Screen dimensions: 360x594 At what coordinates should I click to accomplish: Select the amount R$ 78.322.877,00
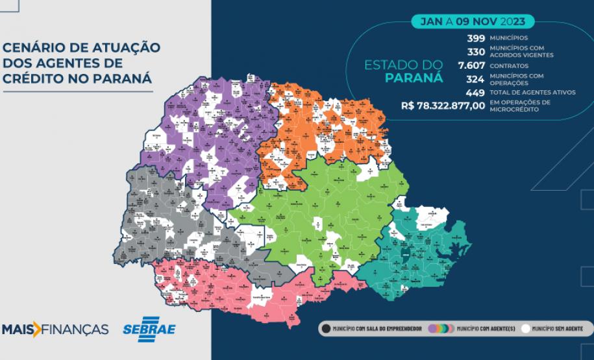[x=443, y=106]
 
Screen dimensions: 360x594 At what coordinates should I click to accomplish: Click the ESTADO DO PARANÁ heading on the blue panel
[x=403, y=71]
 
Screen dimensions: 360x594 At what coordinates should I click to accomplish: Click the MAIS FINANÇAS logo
[x=55, y=330]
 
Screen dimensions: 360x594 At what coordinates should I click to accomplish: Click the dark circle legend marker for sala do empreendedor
[x=327, y=329]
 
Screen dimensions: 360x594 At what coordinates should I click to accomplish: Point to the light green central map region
[x=305, y=221]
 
